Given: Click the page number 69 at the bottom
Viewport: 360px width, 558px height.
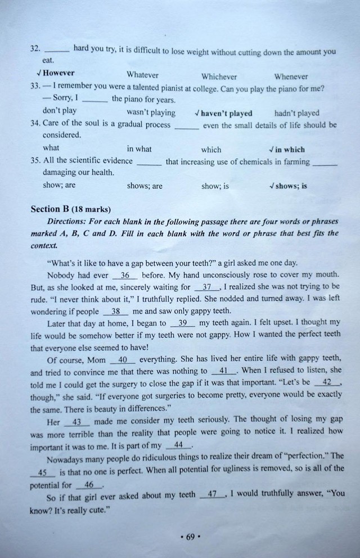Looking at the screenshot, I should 190,537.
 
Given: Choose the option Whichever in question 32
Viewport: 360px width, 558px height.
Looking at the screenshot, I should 219,76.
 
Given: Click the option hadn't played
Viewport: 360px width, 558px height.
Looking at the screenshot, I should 296,113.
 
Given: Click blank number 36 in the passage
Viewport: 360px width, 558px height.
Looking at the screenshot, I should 125,276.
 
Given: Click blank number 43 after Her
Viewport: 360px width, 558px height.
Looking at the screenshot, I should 77,422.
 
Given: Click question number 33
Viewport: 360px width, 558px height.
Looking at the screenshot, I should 35,88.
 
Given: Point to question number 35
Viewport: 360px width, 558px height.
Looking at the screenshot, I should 35,161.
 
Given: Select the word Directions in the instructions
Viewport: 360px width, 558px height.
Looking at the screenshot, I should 69,222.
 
